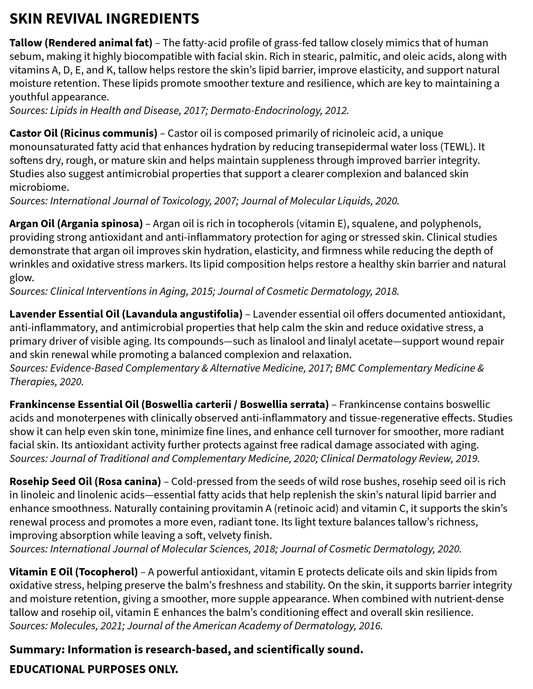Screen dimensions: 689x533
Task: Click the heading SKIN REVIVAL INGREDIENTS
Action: coord(104,19)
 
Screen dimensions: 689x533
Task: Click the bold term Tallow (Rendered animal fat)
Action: coord(81,43)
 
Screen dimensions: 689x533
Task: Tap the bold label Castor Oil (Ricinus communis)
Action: coord(83,133)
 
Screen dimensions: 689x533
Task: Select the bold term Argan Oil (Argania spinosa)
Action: coord(76,224)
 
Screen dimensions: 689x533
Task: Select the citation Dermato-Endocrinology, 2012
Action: coord(279,111)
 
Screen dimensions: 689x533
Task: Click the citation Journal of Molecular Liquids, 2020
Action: coord(320,201)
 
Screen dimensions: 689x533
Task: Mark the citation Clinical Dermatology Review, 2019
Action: coord(400,458)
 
